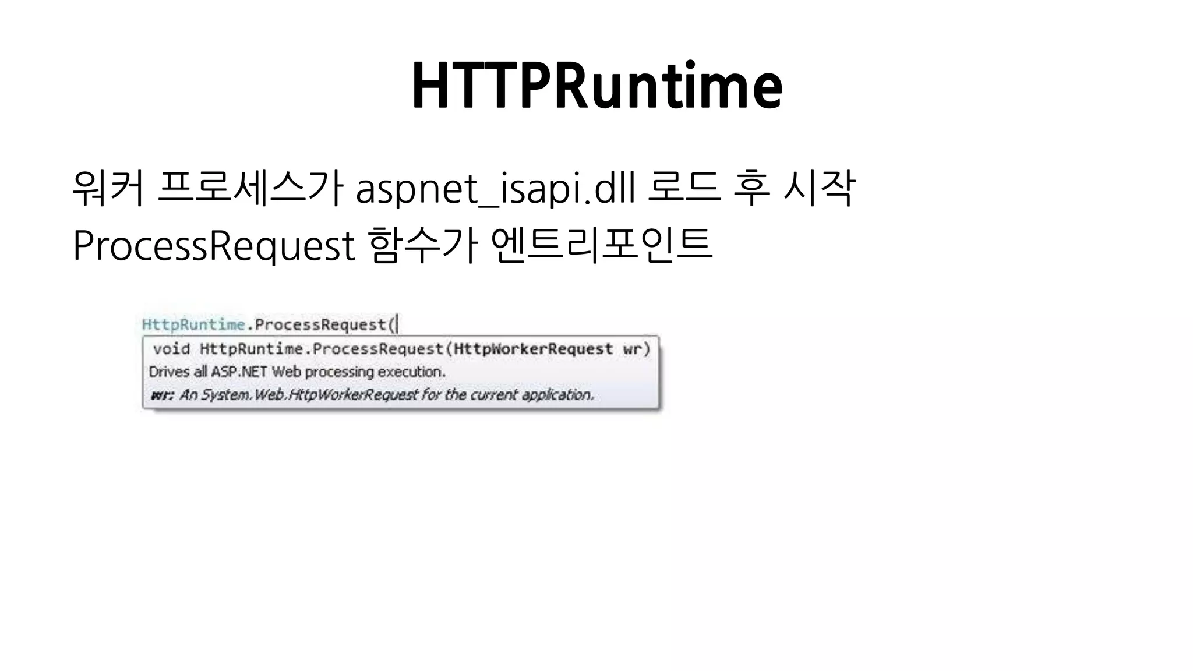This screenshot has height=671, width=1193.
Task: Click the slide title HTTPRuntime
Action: (x=597, y=86)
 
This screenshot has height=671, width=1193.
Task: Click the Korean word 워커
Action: (x=108, y=188)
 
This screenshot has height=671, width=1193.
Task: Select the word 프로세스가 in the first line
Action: (x=250, y=188)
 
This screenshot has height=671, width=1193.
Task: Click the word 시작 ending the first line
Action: (x=820, y=188)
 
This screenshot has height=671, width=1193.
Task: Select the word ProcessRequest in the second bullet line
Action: (x=214, y=246)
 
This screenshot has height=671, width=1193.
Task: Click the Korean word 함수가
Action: (x=423, y=245)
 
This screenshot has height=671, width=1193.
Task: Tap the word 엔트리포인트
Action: (x=602, y=245)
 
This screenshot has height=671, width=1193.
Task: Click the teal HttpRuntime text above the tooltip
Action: (x=193, y=324)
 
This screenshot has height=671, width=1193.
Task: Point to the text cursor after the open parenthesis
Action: (x=397, y=324)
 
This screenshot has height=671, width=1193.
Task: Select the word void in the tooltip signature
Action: (x=171, y=349)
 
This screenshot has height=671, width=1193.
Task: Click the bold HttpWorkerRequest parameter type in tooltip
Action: (x=533, y=349)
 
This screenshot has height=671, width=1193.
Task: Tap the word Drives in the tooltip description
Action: (x=170, y=372)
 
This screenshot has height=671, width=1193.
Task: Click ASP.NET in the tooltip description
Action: (x=239, y=372)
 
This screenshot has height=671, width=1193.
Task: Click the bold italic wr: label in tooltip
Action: (x=162, y=395)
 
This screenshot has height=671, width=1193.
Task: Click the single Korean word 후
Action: (x=751, y=188)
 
